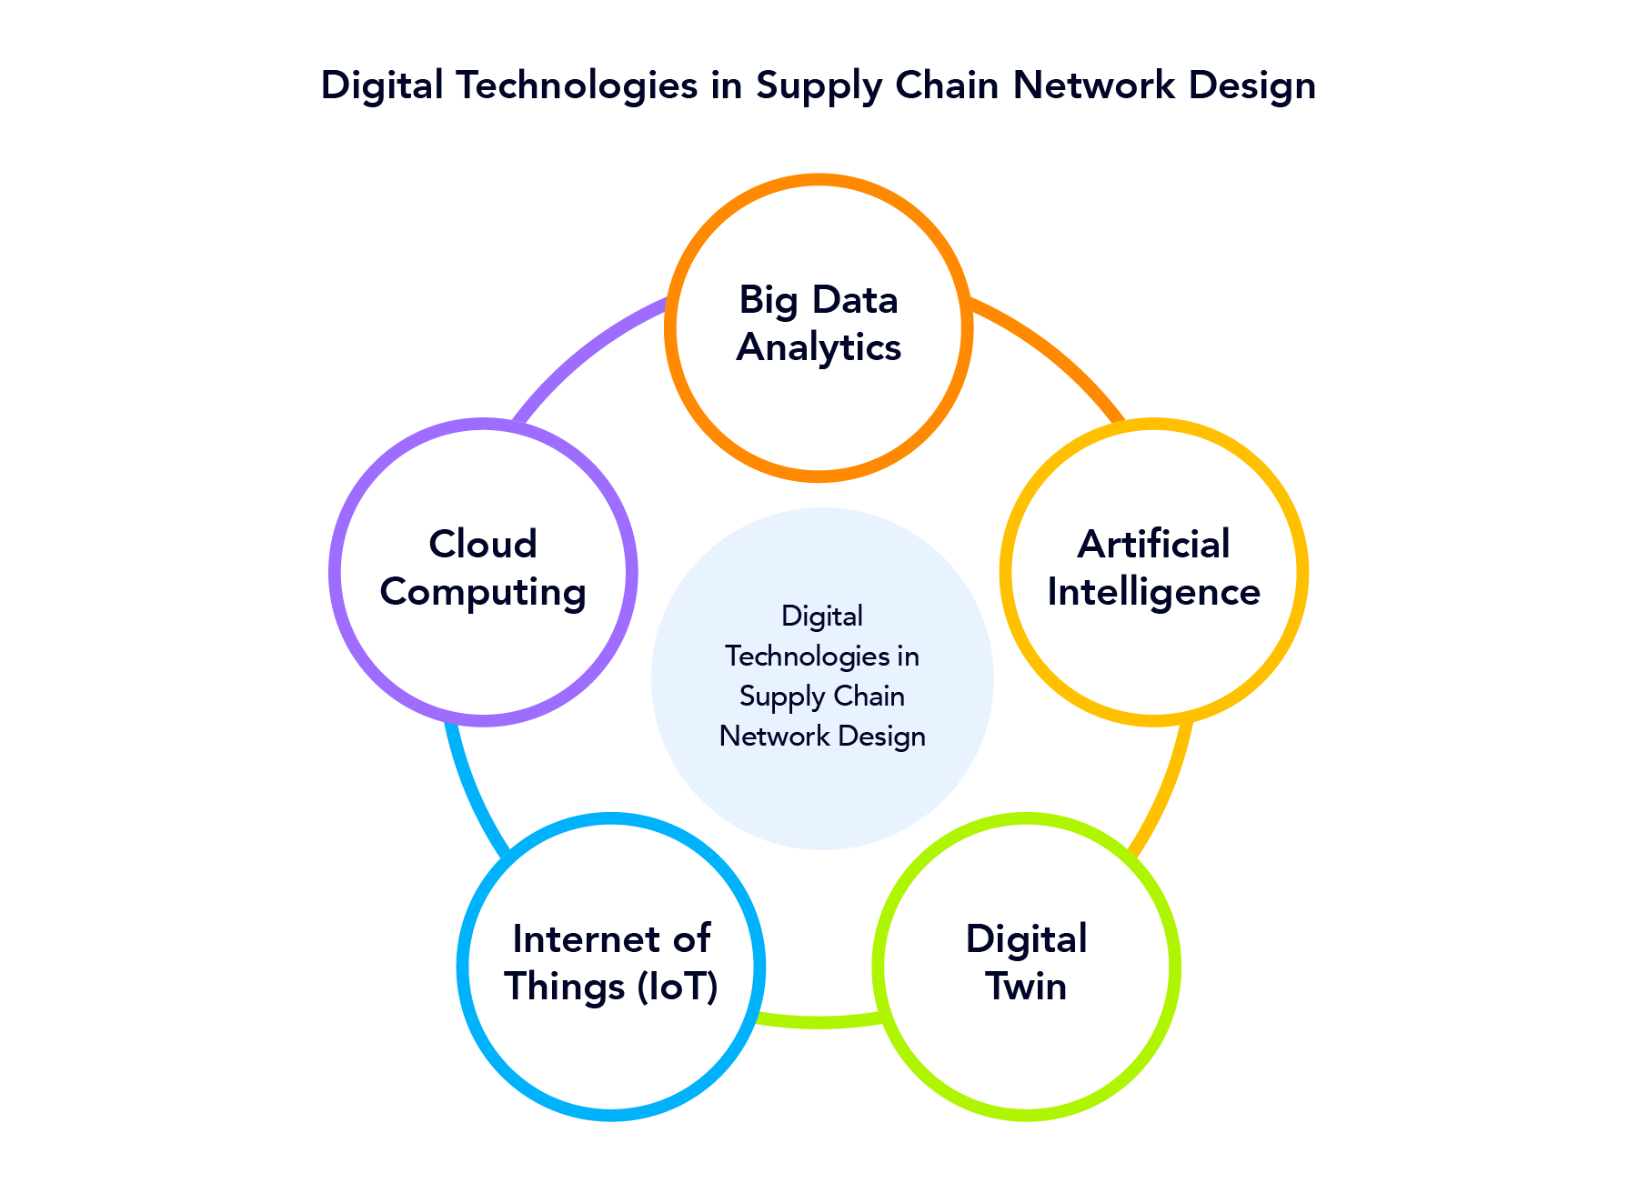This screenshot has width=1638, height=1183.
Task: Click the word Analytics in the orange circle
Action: click(819, 347)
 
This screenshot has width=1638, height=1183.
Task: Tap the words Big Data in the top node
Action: click(819, 300)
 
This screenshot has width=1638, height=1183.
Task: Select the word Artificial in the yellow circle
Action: click(1153, 545)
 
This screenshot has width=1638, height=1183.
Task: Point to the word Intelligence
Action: click(1153, 592)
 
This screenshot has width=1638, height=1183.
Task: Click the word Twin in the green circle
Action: click(1026, 987)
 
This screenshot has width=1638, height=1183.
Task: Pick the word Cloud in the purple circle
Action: click(483, 545)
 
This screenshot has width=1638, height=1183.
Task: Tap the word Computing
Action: click(483, 592)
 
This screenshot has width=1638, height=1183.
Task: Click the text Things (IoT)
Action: click(611, 987)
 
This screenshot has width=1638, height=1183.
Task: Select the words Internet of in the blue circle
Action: click(611, 939)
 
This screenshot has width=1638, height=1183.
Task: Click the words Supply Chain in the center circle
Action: click(822, 697)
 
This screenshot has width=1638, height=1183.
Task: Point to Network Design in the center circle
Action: click(822, 737)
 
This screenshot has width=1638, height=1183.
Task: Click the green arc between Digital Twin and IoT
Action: click(819, 1020)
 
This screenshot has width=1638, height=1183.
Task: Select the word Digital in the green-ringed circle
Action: click(1026, 939)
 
